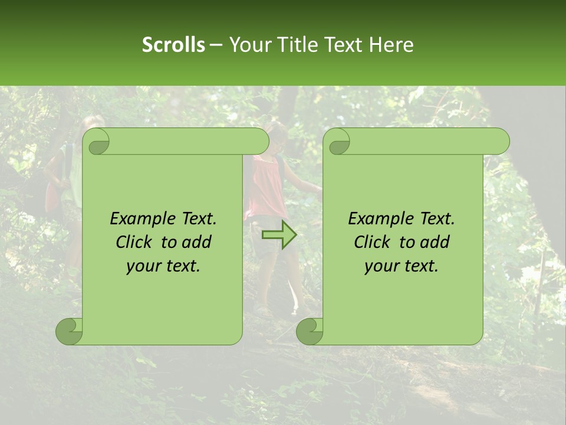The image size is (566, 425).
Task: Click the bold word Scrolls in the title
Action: pyautogui.click(x=173, y=45)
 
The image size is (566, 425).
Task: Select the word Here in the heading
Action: pyautogui.click(x=391, y=45)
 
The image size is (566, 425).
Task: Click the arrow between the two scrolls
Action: pyautogui.click(x=280, y=236)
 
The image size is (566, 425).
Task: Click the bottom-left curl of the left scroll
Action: pyautogui.click(x=70, y=331)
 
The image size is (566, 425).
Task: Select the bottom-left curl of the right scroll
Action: pyautogui.click(x=310, y=331)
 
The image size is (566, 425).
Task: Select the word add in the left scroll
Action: pyautogui.click(x=197, y=242)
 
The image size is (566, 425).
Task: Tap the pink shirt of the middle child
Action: pyautogui.click(x=266, y=189)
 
